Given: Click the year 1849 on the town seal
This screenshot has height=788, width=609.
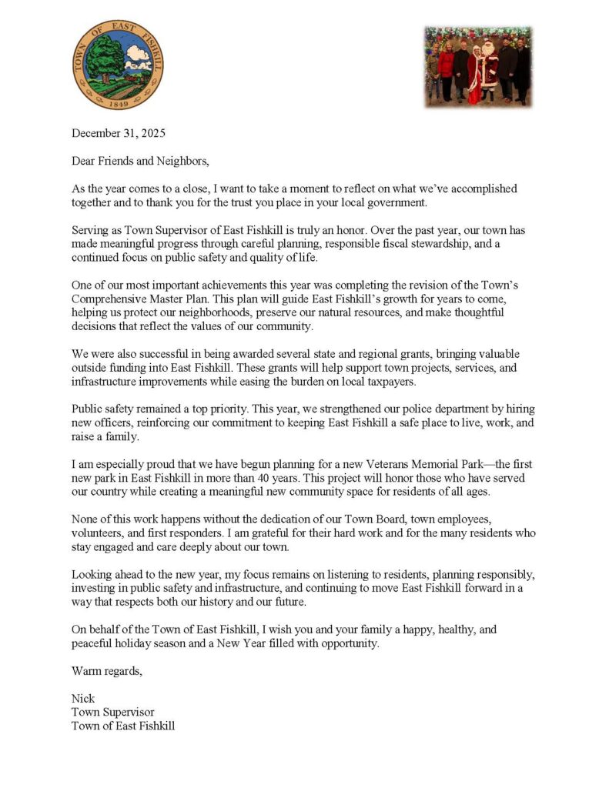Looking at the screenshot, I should tap(118, 101).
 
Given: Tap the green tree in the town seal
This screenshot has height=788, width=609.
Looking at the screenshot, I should tap(105, 55).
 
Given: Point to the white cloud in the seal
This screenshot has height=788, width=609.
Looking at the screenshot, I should tap(139, 55).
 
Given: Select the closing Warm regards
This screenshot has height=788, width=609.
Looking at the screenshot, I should tap(107, 670).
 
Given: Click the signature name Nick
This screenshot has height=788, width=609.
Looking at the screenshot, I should tap(83, 698).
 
